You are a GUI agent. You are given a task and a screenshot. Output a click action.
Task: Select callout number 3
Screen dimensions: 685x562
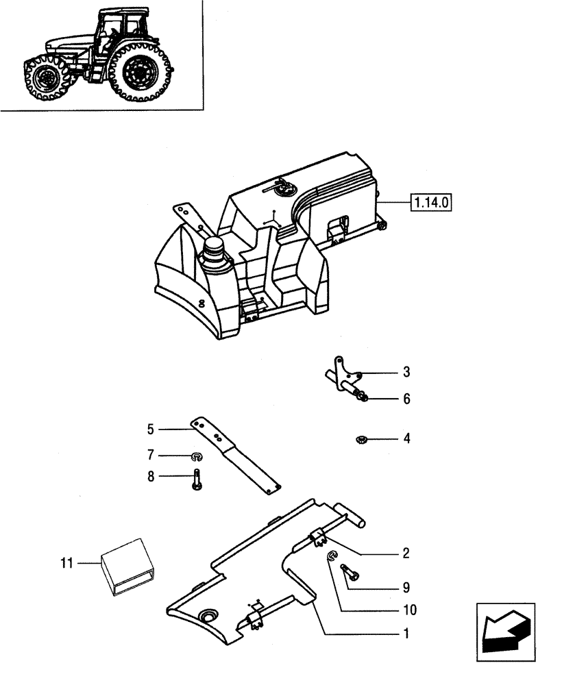(x=406, y=373)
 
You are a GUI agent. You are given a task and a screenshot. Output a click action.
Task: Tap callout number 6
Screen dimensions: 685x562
(x=406, y=399)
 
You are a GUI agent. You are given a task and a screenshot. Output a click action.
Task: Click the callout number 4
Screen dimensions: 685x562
(x=406, y=438)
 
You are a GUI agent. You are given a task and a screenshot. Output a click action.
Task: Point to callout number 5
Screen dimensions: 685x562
(x=150, y=429)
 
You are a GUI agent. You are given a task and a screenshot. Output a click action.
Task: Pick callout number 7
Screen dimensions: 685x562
(x=150, y=455)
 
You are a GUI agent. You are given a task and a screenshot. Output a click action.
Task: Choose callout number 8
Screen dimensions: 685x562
(x=150, y=476)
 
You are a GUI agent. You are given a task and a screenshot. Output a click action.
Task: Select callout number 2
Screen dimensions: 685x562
(x=406, y=552)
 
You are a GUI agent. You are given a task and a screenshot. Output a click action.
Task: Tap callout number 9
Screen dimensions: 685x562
(x=406, y=588)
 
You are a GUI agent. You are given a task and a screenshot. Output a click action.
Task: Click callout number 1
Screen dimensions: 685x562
(x=406, y=634)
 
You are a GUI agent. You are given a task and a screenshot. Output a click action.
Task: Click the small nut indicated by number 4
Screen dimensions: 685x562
(x=361, y=439)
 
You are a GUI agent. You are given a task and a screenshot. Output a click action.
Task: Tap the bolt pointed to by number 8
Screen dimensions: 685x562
(x=197, y=477)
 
